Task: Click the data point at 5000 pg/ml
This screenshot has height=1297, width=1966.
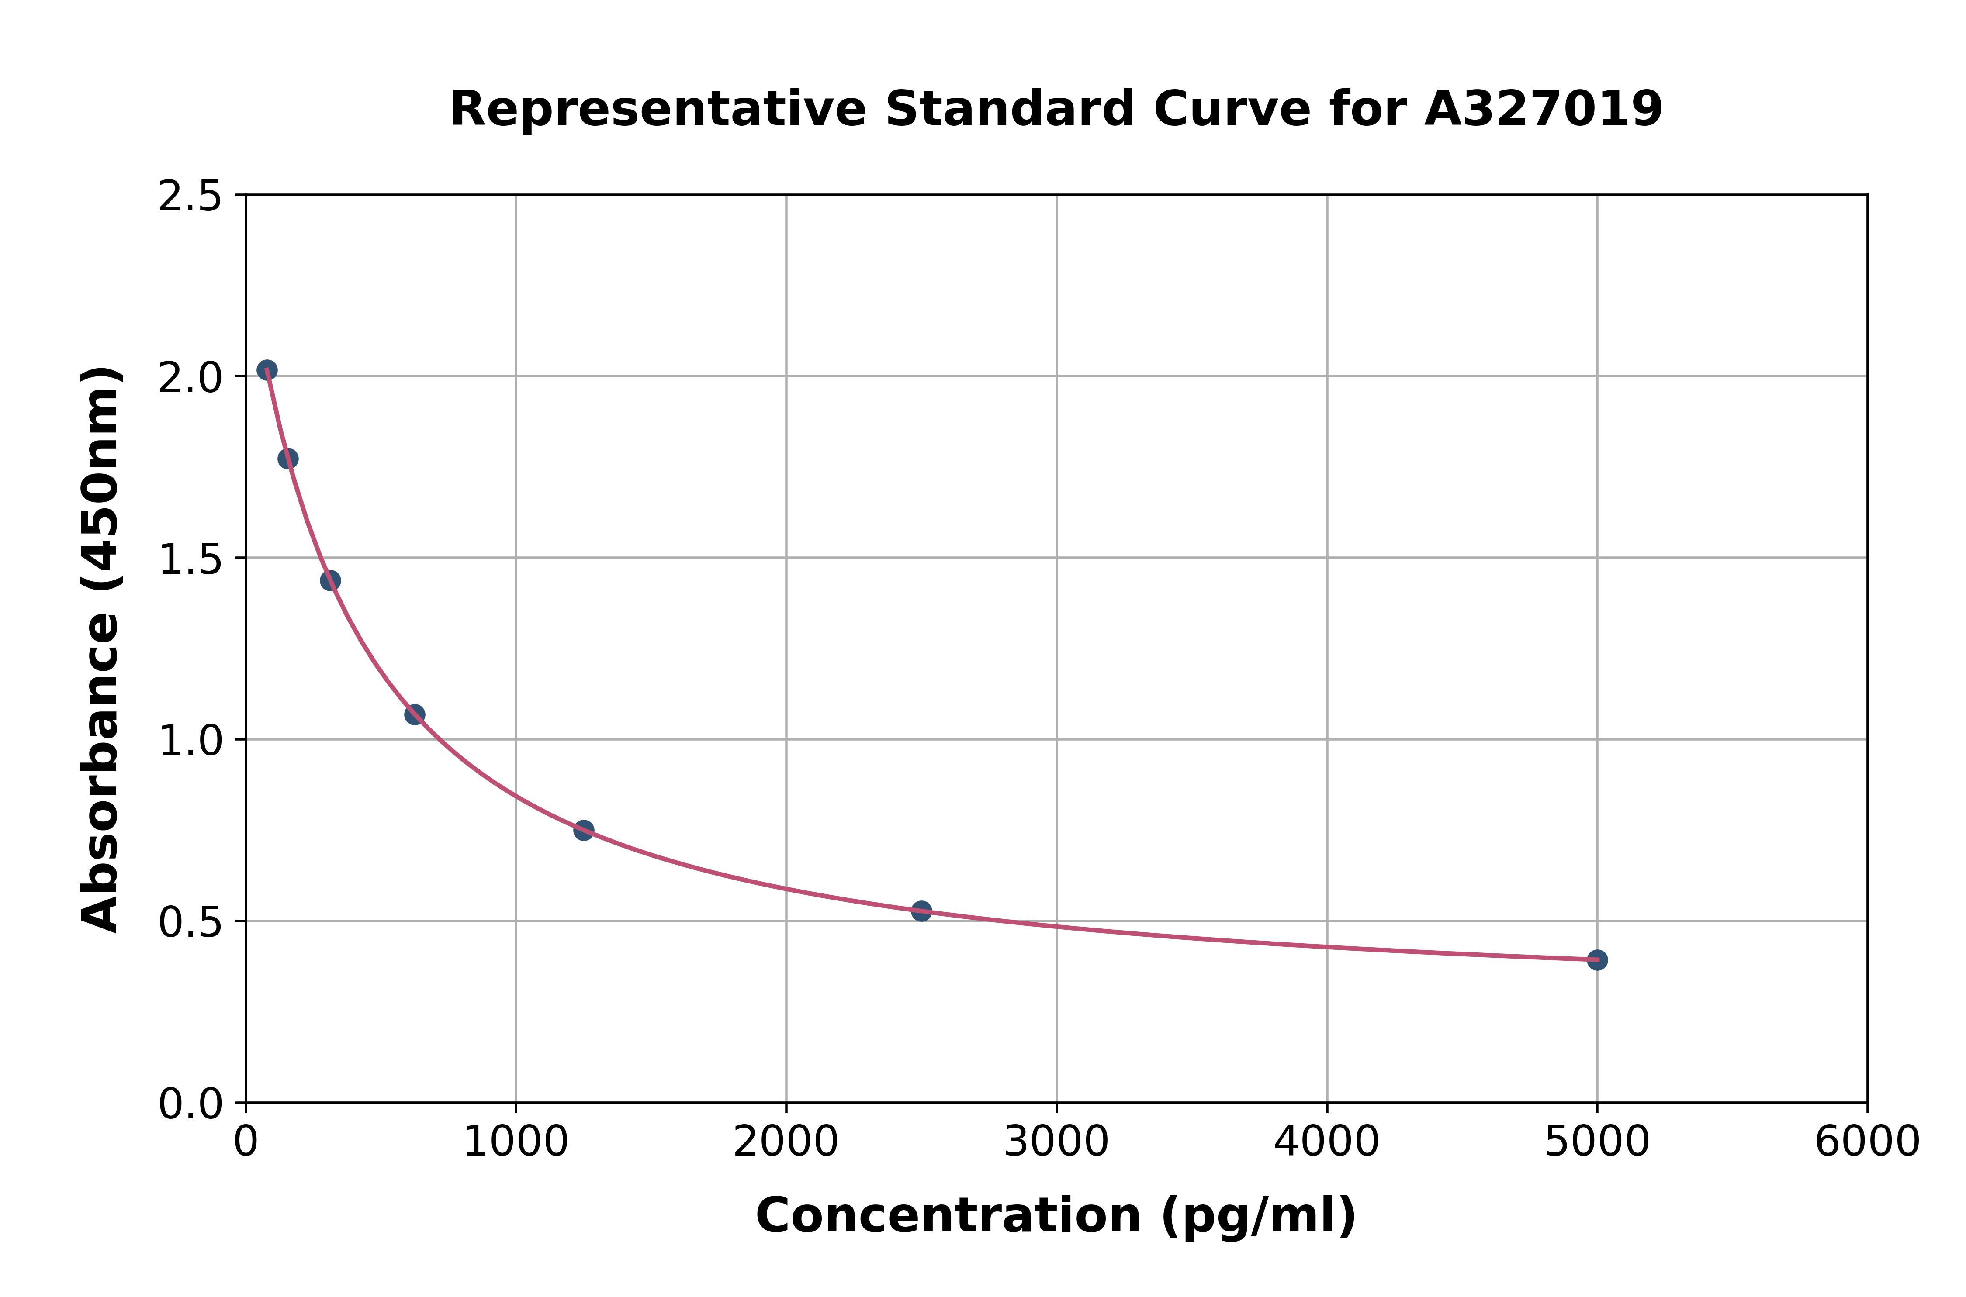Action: [x=1597, y=959]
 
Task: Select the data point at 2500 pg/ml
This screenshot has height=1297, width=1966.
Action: [x=921, y=911]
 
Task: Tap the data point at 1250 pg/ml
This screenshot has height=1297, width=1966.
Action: [x=583, y=830]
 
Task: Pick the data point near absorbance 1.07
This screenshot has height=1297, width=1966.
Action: [x=415, y=714]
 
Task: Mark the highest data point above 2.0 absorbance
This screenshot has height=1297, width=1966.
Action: [x=267, y=370]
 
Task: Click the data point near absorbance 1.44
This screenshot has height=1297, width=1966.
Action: [x=330, y=580]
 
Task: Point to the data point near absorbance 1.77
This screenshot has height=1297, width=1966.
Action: [x=288, y=458]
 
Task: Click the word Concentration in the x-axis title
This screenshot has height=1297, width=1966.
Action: [x=948, y=1216]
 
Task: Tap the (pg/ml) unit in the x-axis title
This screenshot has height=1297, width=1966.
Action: [x=1258, y=1216]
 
